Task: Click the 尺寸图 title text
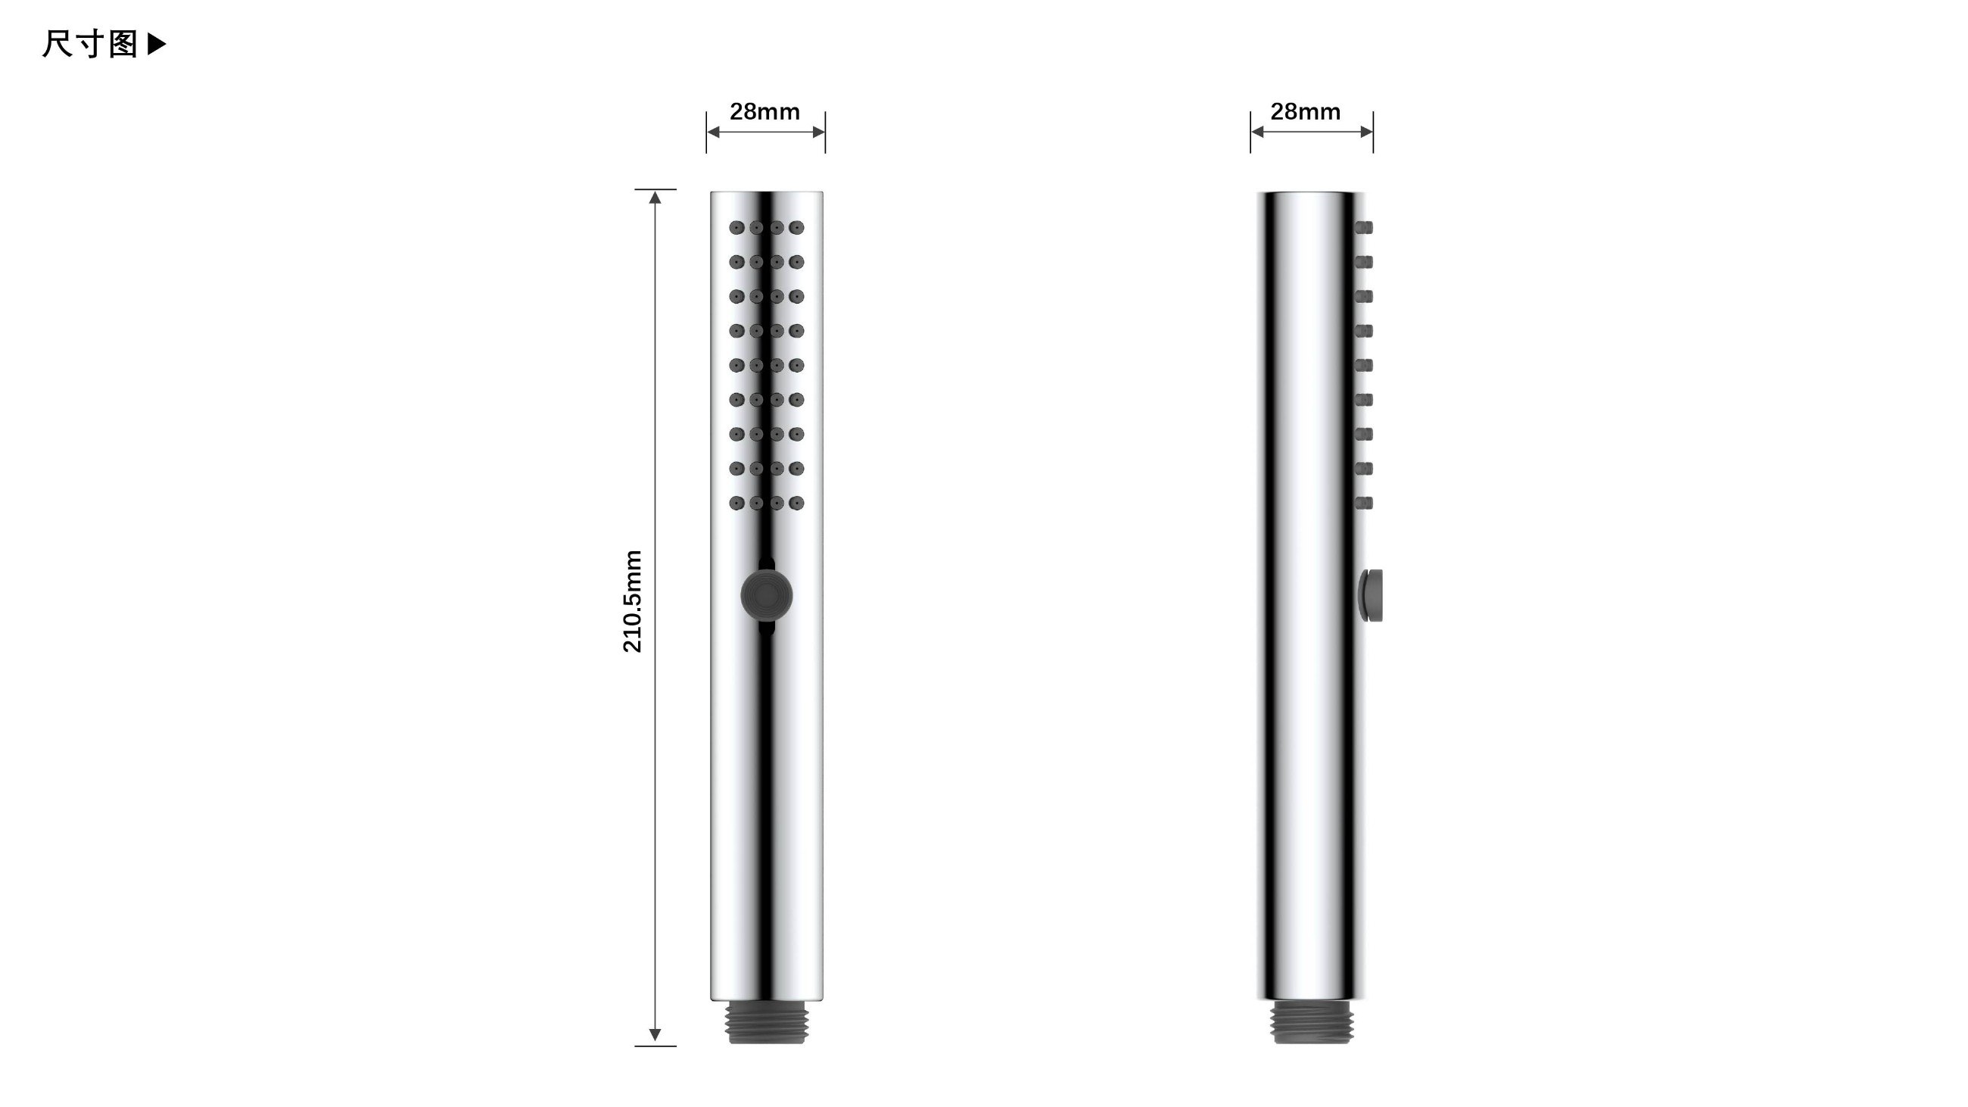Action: click(90, 45)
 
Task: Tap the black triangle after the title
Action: click(157, 45)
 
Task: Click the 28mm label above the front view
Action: click(764, 111)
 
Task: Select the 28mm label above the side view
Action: click(1305, 111)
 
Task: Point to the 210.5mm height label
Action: click(633, 601)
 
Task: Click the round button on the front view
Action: click(766, 596)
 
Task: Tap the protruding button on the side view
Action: click(1371, 595)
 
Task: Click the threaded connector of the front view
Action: click(766, 1022)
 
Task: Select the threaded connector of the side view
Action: click(1312, 1022)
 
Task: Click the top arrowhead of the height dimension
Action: click(655, 197)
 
